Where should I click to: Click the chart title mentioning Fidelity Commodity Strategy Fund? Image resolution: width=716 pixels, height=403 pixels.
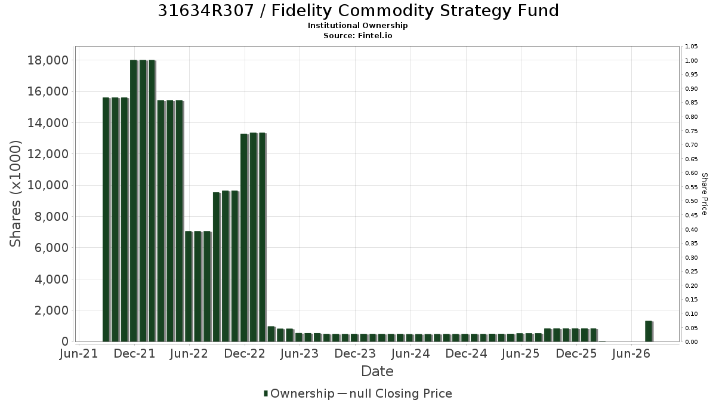(x=358, y=11)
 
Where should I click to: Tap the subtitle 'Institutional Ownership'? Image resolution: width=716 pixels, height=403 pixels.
(x=357, y=26)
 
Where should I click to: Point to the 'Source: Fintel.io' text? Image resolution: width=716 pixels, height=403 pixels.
(x=357, y=35)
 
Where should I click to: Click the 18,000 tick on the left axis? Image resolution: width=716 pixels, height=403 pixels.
(x=48, y=60)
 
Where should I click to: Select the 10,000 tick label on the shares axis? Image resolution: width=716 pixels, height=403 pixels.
(x=48, y=185)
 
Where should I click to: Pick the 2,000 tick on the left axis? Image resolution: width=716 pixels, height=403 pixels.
(x=51, y=310)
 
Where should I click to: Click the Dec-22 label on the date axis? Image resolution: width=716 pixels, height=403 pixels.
(x=245, y=353)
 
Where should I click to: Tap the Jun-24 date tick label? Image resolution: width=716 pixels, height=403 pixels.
(x=411, y=353)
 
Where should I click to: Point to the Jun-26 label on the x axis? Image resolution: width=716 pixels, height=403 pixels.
(x=631, y=353)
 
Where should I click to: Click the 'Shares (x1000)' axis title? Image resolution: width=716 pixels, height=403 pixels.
(x=15, y=193)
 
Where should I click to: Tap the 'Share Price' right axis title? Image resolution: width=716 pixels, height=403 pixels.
(x=705, y=194)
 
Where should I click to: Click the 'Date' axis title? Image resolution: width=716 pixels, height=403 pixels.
(x=377, y=371)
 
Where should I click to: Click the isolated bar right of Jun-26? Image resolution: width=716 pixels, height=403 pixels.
(x=649, y=331)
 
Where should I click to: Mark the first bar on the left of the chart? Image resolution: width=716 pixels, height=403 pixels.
(x=106, y=220)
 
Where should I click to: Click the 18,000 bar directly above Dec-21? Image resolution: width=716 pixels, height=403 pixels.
(x=134, y=201)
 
